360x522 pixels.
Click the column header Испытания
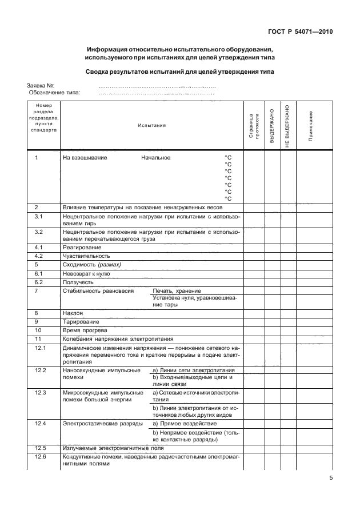point(151,125)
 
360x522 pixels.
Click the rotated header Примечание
point(311,125)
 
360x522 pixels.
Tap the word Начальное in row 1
point(156,157)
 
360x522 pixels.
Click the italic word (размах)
point(110,265)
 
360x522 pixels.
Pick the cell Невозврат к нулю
point(86,273)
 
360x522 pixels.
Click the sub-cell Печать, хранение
point(177,290)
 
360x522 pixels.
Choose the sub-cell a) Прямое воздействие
point(185,423)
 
